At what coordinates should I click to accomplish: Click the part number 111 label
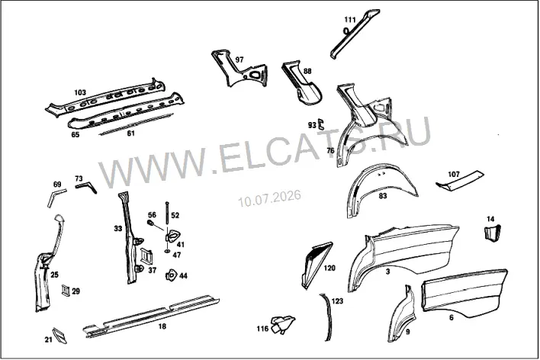pos(350,20)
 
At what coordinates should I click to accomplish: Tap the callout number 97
pos(239,59)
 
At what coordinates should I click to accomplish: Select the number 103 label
pos(80,92)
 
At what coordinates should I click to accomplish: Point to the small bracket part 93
pos(321,124)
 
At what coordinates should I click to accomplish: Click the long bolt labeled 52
pos(167,214)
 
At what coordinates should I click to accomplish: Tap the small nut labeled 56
pos(150,223)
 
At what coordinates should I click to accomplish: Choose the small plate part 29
pos(66,291)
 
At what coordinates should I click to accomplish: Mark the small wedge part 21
pos(59,335)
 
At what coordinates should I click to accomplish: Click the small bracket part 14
pos(493,233)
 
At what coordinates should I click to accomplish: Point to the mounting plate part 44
pos(171,275)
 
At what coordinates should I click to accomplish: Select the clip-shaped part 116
pos(282,324)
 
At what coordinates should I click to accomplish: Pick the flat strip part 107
pos(460,180)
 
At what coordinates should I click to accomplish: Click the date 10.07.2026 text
pos(270,198)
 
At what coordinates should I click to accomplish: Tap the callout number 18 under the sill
pos(162,326)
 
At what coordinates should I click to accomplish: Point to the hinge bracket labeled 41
pos(172,236)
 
